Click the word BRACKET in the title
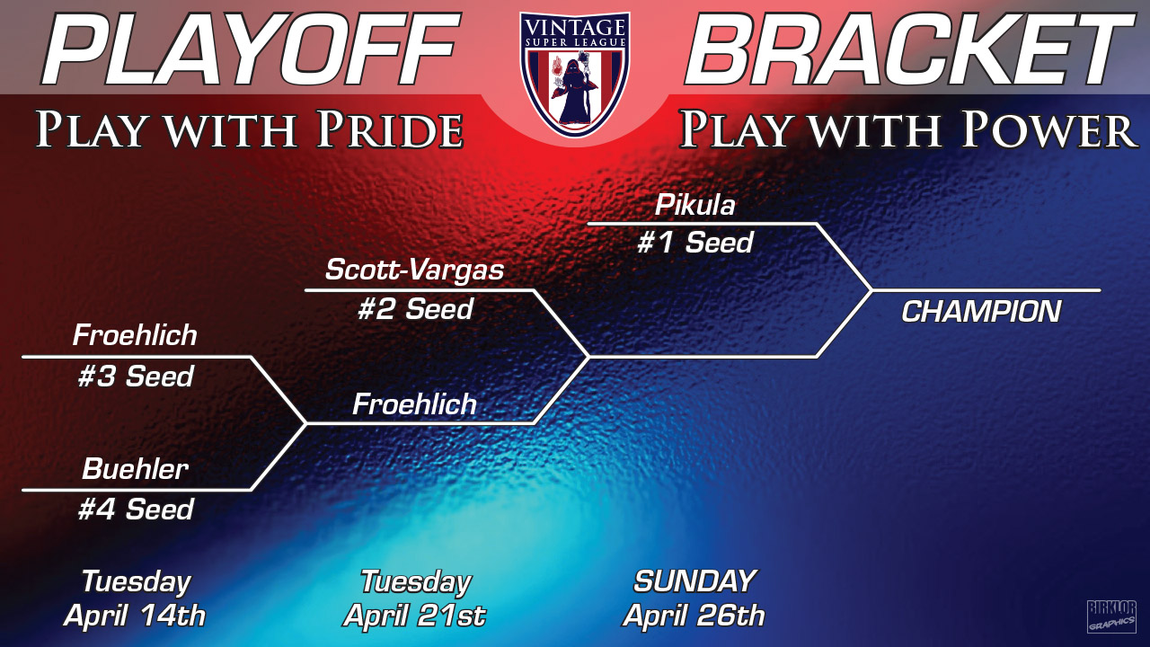[908, 49]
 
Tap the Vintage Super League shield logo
[574, 74]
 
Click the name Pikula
[695, 205]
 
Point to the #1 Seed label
[695, 242]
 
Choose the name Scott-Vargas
[415, 270]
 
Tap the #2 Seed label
[415, 309]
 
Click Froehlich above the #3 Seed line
[135, 335]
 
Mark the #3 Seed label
[136, 377]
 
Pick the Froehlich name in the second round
[415, 404]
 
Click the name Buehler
[135, 469]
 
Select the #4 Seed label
[136, 510]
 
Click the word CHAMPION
[981, 312]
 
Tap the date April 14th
[135, 616]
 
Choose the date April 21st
[415, 616]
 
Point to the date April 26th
[694, 616]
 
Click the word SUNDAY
[694, 581]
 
